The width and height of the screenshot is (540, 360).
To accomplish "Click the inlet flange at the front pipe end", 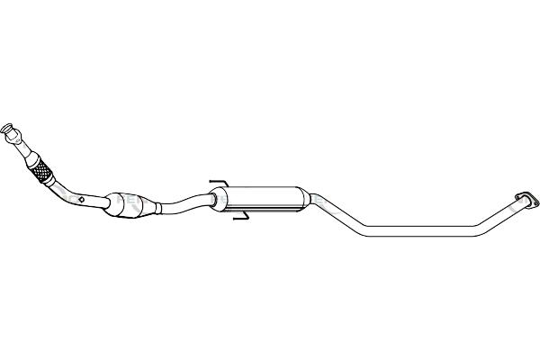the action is (x=10, y=132).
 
